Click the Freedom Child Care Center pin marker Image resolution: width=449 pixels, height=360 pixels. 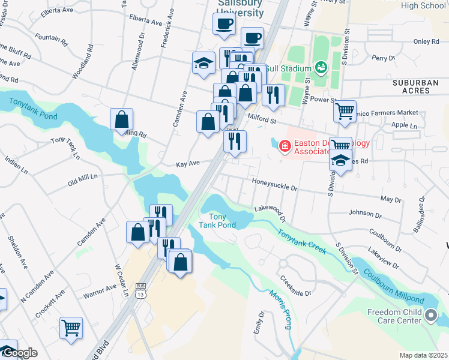point(431,315)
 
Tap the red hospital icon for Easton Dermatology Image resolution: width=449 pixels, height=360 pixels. point(284,145)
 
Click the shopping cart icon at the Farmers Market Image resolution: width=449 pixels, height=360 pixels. point(345,110)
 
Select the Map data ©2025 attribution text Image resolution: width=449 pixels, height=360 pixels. point(423,355)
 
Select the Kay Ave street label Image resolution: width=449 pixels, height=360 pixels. point(187,163)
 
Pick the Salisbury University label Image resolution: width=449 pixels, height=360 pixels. point(240,8)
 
